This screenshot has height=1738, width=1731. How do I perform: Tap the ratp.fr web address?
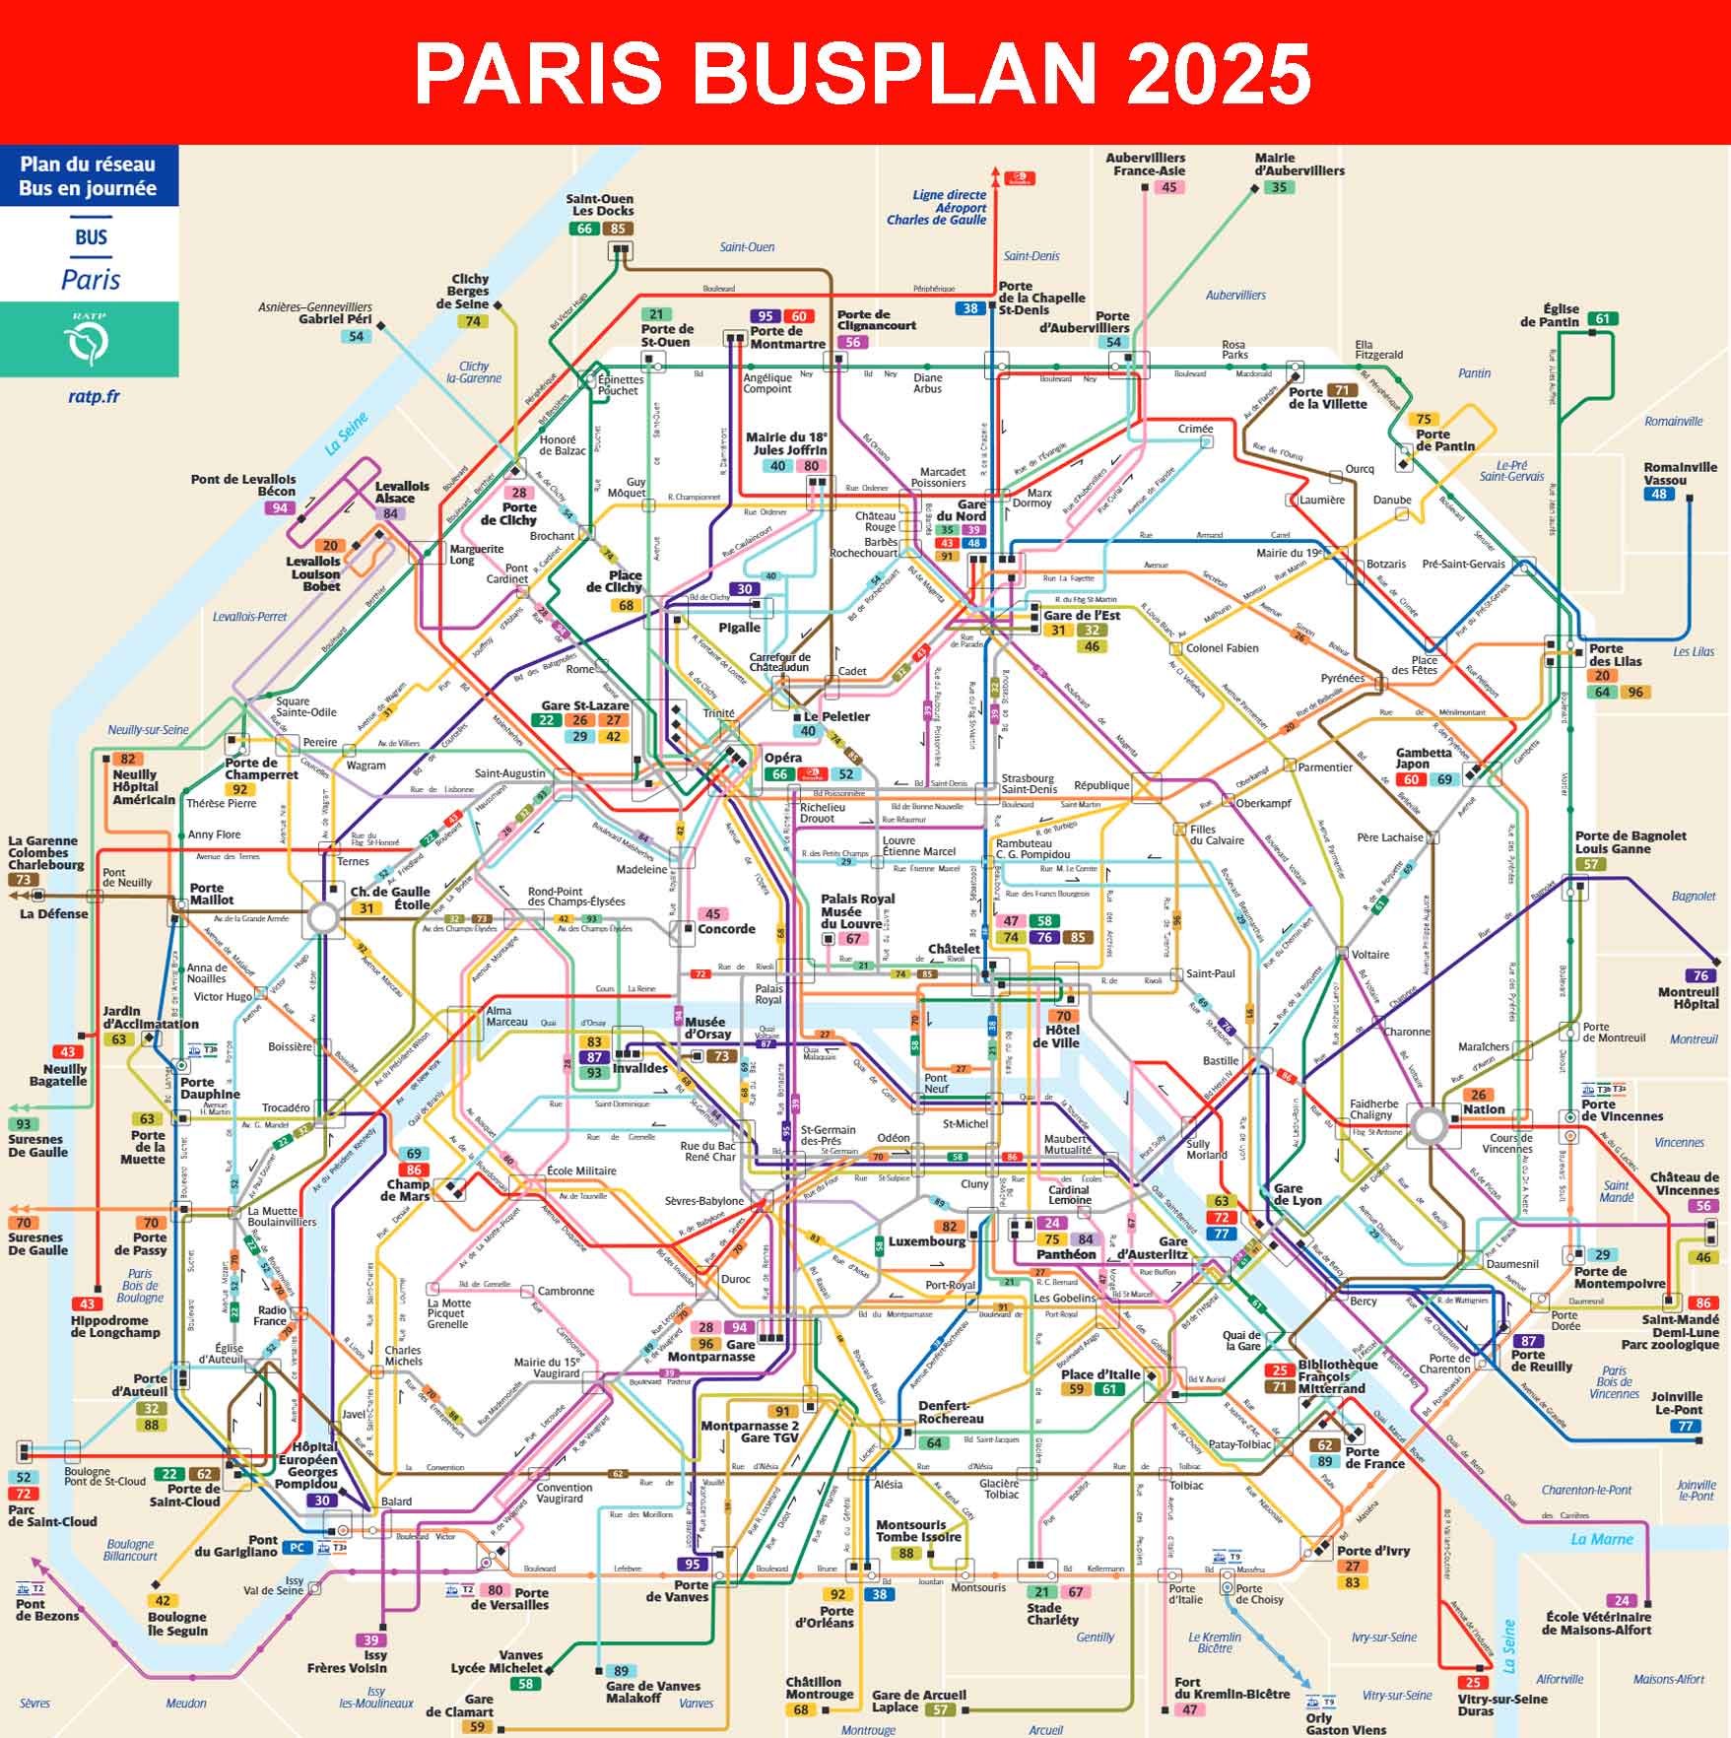[94, 397]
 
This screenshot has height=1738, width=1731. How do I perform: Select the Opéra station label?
[783, 758]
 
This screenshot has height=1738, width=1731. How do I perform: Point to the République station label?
[1101, 785]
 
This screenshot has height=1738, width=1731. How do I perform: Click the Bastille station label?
[1220, 1060]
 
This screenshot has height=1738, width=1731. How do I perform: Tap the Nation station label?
[1484, 1109]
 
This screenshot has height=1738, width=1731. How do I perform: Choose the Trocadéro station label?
[286, 1107]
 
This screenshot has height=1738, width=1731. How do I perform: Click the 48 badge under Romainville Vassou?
[1659, 494]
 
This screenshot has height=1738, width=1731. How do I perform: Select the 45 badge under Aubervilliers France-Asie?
[1168, 187]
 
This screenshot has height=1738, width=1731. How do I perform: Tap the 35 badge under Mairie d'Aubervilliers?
[1279, 187]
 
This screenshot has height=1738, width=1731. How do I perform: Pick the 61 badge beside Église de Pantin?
[1603, 318]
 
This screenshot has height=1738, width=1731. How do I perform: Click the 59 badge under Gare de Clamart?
[478, 1726]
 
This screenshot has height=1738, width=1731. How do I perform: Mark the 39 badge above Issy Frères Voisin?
[370, 1640]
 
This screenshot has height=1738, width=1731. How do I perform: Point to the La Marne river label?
[1602, 1539]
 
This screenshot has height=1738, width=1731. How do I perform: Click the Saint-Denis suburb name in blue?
[1032, 256]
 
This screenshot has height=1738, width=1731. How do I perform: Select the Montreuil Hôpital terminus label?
[1689, 998]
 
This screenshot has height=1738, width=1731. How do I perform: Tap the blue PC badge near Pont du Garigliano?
[297, 1548]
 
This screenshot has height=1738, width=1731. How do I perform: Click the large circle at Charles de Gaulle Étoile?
[324, 918]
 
